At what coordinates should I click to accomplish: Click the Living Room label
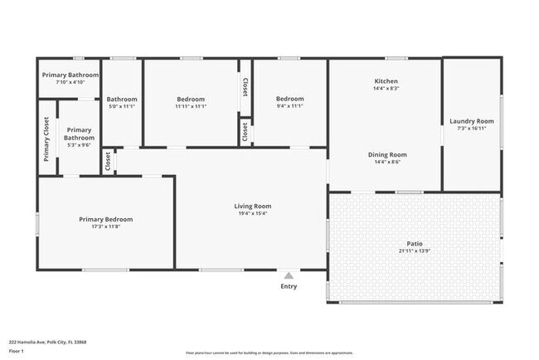(252, 207)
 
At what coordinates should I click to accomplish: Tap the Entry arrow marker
(288, 276)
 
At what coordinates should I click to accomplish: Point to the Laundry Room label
(472, 121)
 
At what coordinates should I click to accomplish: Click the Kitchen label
(386, 80)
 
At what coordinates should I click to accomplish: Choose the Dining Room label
(387, 154)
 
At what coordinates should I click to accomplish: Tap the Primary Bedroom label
(105, 219)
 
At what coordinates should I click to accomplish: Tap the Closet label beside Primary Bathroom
(108, 161)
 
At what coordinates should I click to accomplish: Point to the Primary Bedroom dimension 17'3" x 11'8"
(105, 226)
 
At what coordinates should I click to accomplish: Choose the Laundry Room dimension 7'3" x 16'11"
(472, 129)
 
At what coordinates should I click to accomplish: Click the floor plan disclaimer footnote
(269, 353)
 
